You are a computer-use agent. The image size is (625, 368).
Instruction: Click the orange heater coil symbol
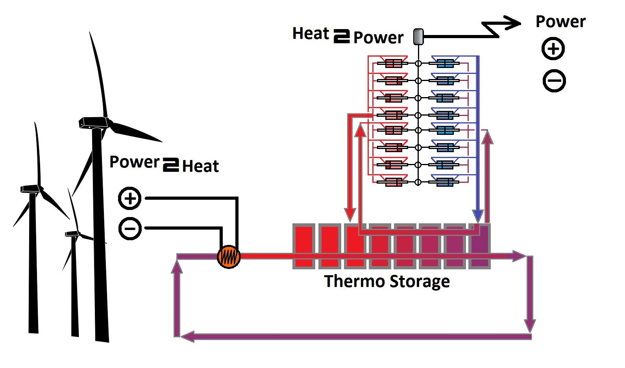229,257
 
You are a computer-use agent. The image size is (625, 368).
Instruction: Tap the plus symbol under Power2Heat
130,198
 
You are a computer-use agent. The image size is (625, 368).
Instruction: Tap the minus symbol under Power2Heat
130,228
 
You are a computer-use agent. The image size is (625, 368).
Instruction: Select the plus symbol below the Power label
553,49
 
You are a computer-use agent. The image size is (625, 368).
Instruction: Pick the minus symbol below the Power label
554,81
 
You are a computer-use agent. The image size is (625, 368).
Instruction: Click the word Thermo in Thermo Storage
354,282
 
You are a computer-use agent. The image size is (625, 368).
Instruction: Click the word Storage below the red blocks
420,282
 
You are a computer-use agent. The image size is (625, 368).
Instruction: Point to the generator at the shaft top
418,37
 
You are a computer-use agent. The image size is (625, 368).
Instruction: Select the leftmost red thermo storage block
303,246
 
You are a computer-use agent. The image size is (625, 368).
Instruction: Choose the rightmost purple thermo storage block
480,246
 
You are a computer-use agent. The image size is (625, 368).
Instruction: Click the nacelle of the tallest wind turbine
93,122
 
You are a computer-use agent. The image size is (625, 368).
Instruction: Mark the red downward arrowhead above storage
350,215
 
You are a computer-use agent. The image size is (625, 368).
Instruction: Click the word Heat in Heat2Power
311,34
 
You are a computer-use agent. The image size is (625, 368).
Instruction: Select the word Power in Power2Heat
134,162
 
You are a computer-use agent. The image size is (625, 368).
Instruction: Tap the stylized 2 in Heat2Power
342,36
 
